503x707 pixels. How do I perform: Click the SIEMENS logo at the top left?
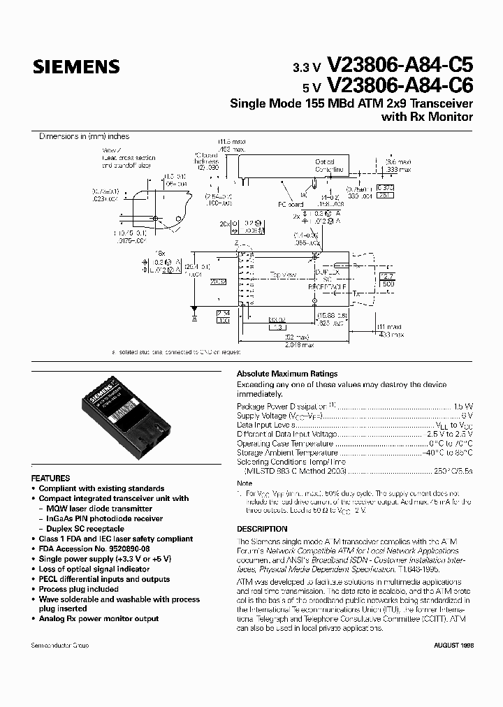(x=76, y=67)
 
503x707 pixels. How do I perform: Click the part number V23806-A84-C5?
(x=400, y=66)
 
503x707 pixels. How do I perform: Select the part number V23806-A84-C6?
(x=400, y=86)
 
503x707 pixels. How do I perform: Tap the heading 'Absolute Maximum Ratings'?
(x=287, y=374)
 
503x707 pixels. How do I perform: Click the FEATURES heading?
(x=51, y=478)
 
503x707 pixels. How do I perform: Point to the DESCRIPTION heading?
(x=262, y=529)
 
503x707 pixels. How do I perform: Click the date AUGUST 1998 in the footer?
(x=453, y=646)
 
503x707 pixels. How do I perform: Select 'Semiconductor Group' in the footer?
(x=60, y=646)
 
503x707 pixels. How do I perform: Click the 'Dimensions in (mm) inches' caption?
(x=84, y=137)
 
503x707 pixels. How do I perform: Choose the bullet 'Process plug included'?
(x=79, y=589)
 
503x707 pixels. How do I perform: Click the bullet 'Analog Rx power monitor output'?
(x=99, y=619)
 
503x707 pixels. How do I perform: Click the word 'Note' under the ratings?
(x=245, y=483)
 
